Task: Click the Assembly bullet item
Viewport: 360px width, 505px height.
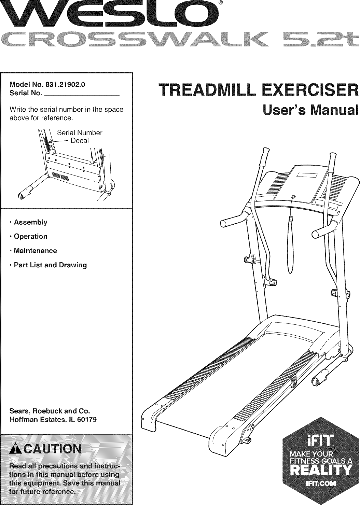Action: [30, 222]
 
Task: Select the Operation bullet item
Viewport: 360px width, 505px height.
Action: [30, 236]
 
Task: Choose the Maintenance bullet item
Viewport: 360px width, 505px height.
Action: [35, 251]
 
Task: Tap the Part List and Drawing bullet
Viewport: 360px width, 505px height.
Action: [50, 265]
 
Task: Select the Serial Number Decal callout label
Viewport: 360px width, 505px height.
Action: [79, 137]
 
